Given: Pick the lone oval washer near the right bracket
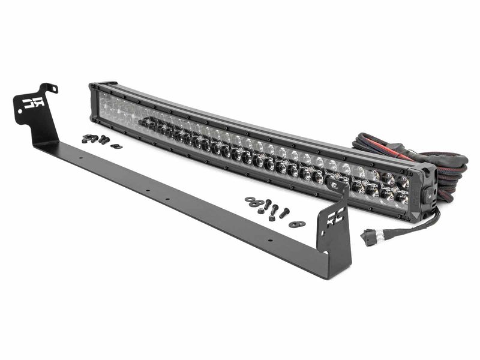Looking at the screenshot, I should [296, 224].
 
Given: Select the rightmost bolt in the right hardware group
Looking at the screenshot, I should [284, 213].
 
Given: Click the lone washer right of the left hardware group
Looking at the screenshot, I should [116, 146].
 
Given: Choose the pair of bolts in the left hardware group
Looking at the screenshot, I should [104, 140].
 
